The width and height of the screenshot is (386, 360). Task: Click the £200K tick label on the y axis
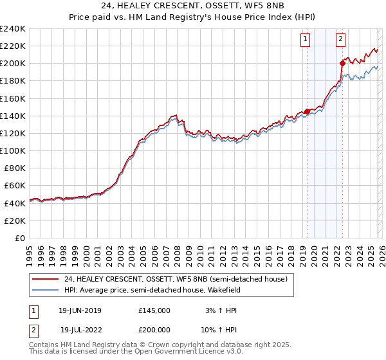click(x=13, y=63)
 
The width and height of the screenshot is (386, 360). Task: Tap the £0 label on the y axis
click(x=21, y=238)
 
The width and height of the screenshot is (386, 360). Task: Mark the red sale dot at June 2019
click(x=307, y=111)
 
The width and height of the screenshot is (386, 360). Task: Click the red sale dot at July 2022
click(x=342, y=63)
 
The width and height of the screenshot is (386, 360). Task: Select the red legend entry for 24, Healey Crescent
click(x=161, y=278)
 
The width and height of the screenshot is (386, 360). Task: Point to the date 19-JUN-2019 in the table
click(x=80, y=310)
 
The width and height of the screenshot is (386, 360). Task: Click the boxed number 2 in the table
click(x=32, y=329)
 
